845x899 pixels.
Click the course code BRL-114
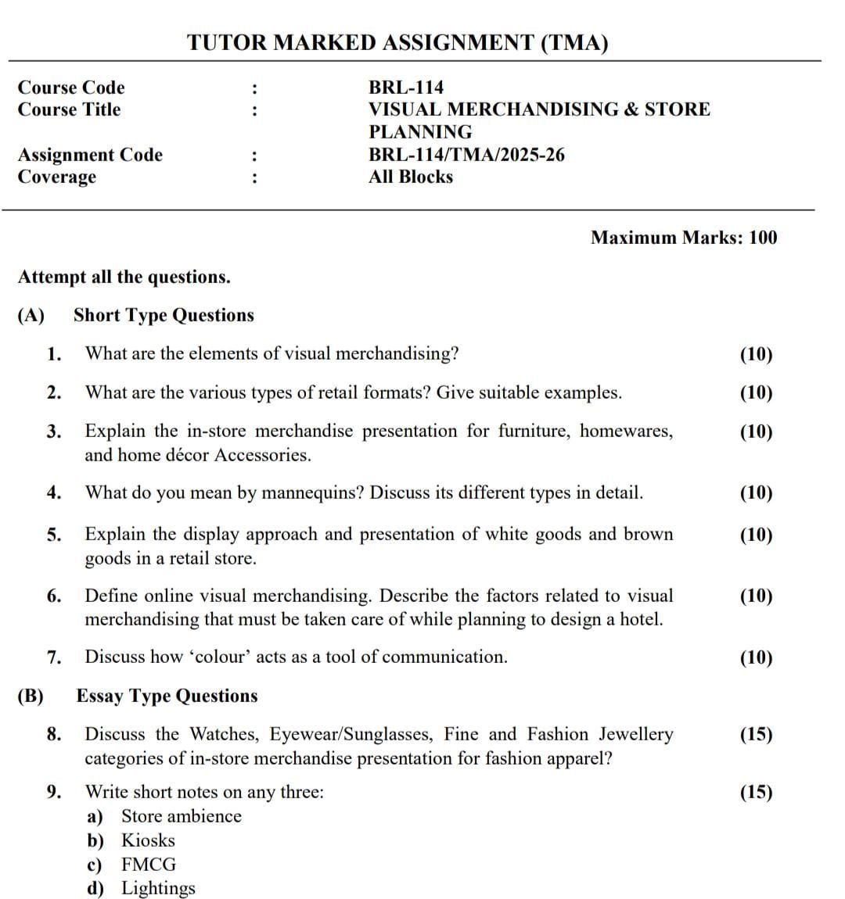405,88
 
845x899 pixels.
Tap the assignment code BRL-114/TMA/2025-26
466,155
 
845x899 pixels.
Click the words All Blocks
411,177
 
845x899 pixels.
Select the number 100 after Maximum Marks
763,238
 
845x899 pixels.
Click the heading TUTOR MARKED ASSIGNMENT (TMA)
397,43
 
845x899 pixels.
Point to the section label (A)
31,315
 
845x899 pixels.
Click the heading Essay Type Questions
167,696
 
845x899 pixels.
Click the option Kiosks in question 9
148,840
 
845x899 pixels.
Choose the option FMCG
149,865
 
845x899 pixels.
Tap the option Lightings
158,889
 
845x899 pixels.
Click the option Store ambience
181,816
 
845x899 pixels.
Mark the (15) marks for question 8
756,734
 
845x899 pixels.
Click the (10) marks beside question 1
756,354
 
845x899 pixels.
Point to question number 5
54,535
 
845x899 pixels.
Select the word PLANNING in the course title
420,132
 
